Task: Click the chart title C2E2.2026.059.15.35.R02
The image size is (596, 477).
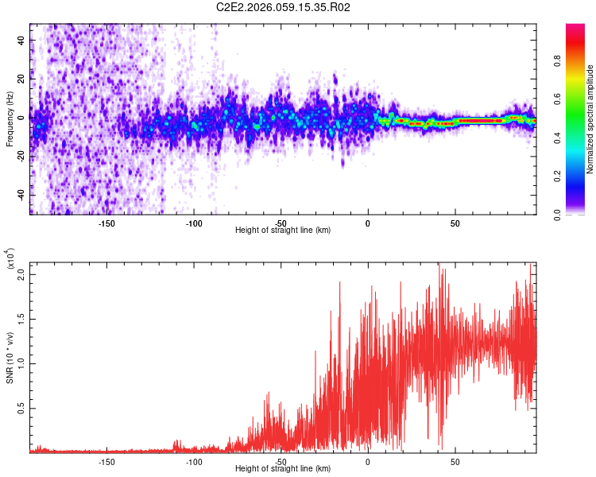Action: click(284, 8)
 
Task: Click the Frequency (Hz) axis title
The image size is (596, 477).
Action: click(10, 119)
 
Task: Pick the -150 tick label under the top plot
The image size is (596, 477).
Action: click(106, 223)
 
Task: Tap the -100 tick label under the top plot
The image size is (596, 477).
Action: click(193, 223)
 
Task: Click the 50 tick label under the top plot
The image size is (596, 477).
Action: click(455, 223)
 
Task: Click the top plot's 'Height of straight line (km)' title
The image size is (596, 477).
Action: click(284, 231)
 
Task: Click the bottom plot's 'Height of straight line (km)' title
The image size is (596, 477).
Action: click(284, 469)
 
